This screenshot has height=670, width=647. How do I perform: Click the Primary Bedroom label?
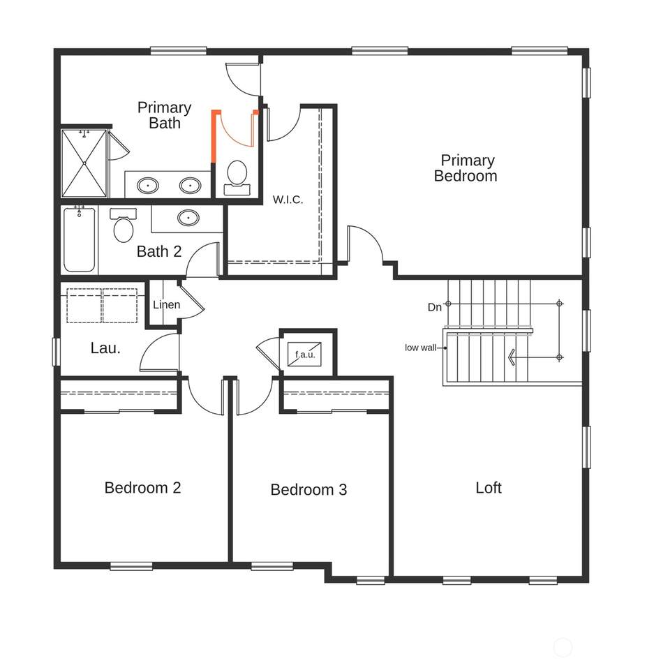point(466,168)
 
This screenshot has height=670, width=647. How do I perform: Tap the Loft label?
point(489,488)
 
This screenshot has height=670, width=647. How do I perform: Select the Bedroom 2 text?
point(143,488)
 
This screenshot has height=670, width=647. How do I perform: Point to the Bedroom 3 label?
point(308,490)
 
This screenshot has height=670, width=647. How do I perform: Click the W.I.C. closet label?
point(288,200)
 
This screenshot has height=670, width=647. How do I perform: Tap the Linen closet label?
point(167,305)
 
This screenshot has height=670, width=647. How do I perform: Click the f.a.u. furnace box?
point(305,355)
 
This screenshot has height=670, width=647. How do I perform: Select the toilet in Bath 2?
point(123,225)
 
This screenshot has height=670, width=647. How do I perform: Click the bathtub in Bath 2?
point(80,239)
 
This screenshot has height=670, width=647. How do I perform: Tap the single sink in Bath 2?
point(188,218)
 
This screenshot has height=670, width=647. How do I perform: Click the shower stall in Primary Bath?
point(84,163)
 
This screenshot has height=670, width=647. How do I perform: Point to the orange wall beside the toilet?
point(214,136)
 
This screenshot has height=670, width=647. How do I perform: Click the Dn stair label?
point(434,307)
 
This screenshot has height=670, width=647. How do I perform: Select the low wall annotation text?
point(420,348)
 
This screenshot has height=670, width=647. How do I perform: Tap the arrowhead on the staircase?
point(511,357)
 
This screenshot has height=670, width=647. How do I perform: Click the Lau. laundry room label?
point(105,348)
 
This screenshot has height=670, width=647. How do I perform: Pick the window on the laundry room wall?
point(56,352)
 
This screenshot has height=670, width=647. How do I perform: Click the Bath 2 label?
point(159,252)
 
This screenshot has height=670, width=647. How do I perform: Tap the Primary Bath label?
point(165,115)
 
